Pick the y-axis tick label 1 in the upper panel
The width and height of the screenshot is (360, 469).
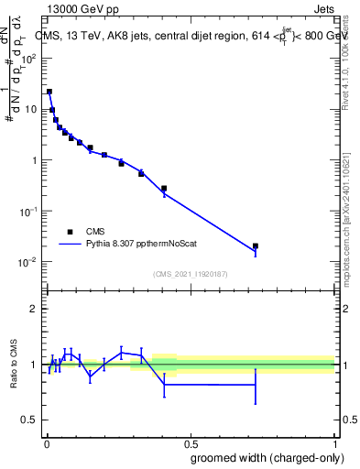point(36,160)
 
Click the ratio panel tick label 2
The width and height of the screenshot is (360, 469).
point(36,309)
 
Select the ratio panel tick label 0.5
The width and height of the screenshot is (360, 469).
point(31,420)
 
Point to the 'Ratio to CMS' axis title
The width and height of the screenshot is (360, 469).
point(14,364)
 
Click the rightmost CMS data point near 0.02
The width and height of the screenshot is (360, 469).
point(256,245)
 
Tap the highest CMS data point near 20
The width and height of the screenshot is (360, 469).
point(49,92)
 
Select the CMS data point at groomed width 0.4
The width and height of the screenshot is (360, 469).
point(164,189)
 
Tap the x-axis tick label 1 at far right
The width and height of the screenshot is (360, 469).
point(334,443)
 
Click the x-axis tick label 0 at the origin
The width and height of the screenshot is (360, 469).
point(46,443)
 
